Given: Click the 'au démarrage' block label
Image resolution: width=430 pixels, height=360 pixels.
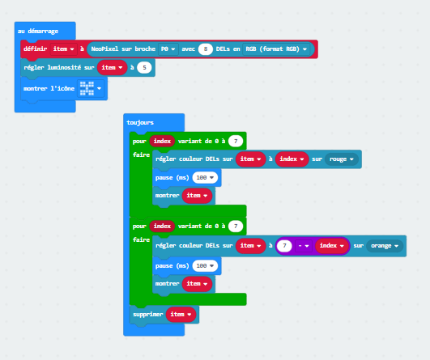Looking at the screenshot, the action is [x=38, y=32].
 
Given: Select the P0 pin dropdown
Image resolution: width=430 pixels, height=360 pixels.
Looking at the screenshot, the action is [x=168, y=49].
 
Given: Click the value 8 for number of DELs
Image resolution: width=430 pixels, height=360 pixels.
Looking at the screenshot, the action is [x=206, y=49].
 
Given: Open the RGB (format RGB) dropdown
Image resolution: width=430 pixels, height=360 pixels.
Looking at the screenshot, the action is [x=276, y=49].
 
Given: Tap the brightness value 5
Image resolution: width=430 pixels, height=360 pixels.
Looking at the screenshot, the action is [x=144, y=67].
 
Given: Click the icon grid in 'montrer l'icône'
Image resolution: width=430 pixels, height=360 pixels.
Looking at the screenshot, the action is [x=87, y=88].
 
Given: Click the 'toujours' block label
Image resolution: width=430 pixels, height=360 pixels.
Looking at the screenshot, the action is [x=140, y=122].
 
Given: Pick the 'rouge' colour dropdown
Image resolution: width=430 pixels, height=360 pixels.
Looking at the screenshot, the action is [x=342, y=159].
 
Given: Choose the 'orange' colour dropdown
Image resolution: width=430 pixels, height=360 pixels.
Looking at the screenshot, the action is [x=385, y=246].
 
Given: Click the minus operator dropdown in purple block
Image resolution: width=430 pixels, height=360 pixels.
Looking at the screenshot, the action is [x=304, y=246].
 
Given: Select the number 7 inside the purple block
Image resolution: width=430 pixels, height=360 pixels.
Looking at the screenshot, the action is [x=284, y=245].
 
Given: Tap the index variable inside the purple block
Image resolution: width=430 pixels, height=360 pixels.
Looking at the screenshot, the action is [x=331, y=245].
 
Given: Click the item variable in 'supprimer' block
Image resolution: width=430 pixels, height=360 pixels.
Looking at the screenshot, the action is [x=181, y=314].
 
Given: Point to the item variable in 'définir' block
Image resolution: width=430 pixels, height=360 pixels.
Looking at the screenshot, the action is [x=64, y=49].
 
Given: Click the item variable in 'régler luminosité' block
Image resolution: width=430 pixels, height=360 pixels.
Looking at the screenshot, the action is [x=112, y=67].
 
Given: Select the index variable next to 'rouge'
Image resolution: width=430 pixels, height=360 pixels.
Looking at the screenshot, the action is [x=292, y=159].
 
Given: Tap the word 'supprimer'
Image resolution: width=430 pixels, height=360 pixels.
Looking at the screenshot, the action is [x=148, y=315].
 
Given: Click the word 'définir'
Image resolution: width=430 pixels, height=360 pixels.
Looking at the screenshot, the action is [x=36, y=49].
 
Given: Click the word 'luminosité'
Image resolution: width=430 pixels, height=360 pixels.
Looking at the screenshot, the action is [x=64, y=67].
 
